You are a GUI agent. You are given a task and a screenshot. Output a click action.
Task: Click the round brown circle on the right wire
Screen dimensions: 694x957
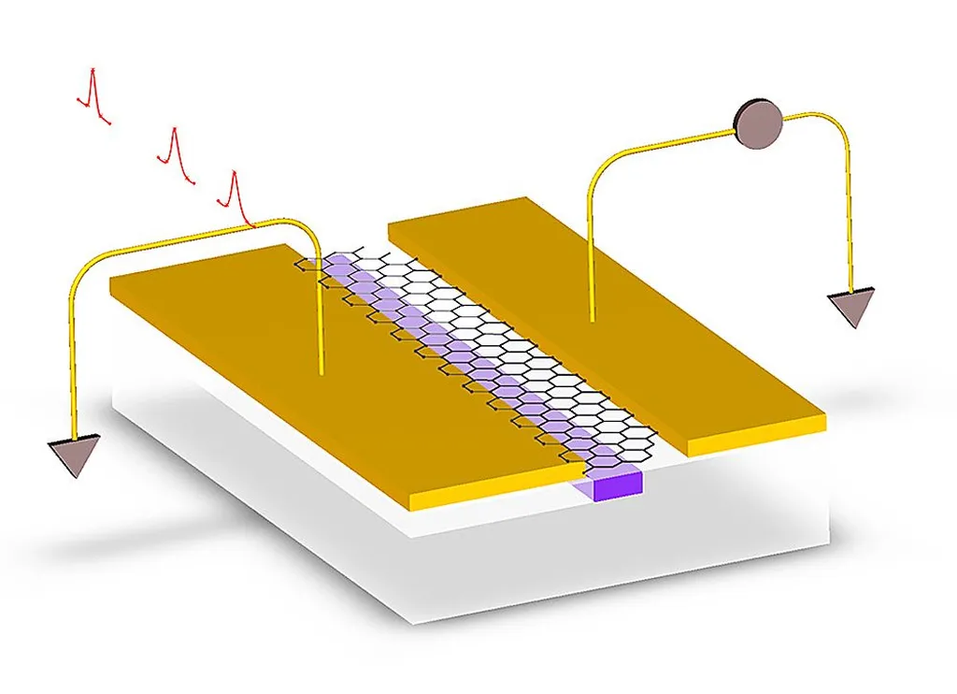757,123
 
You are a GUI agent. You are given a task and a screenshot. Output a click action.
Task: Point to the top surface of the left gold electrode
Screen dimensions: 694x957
308,374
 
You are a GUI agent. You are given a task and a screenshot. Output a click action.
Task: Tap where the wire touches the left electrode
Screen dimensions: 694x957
321,373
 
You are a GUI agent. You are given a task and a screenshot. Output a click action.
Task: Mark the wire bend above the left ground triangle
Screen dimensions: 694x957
79,271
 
